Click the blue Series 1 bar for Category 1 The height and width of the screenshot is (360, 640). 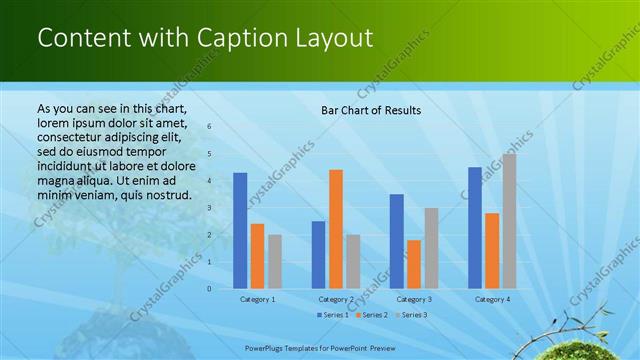(240, 231)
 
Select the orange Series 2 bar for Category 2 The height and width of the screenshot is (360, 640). (336, 229)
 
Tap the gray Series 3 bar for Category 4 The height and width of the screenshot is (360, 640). (509, 221)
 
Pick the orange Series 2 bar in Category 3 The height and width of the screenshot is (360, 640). (414, 264)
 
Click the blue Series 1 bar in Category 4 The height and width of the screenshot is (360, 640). (475, 228)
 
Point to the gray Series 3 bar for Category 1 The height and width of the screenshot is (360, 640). (275, 262)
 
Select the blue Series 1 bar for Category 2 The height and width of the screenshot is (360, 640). (318, 255)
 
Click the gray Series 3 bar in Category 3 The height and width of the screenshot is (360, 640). (431, 248)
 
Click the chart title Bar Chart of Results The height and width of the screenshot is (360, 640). (370, 110)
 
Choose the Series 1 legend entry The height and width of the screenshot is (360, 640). (333, 315)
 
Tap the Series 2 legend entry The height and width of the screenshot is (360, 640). (372, 315)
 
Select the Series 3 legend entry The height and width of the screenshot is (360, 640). (411, 315)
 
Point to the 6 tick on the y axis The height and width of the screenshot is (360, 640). (210, 127)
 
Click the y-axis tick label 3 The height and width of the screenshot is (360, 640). (210, 208)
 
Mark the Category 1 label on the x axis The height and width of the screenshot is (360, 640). (258, 299)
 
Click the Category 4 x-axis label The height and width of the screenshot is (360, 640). (492, 299)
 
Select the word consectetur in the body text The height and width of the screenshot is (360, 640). (73, 137)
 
